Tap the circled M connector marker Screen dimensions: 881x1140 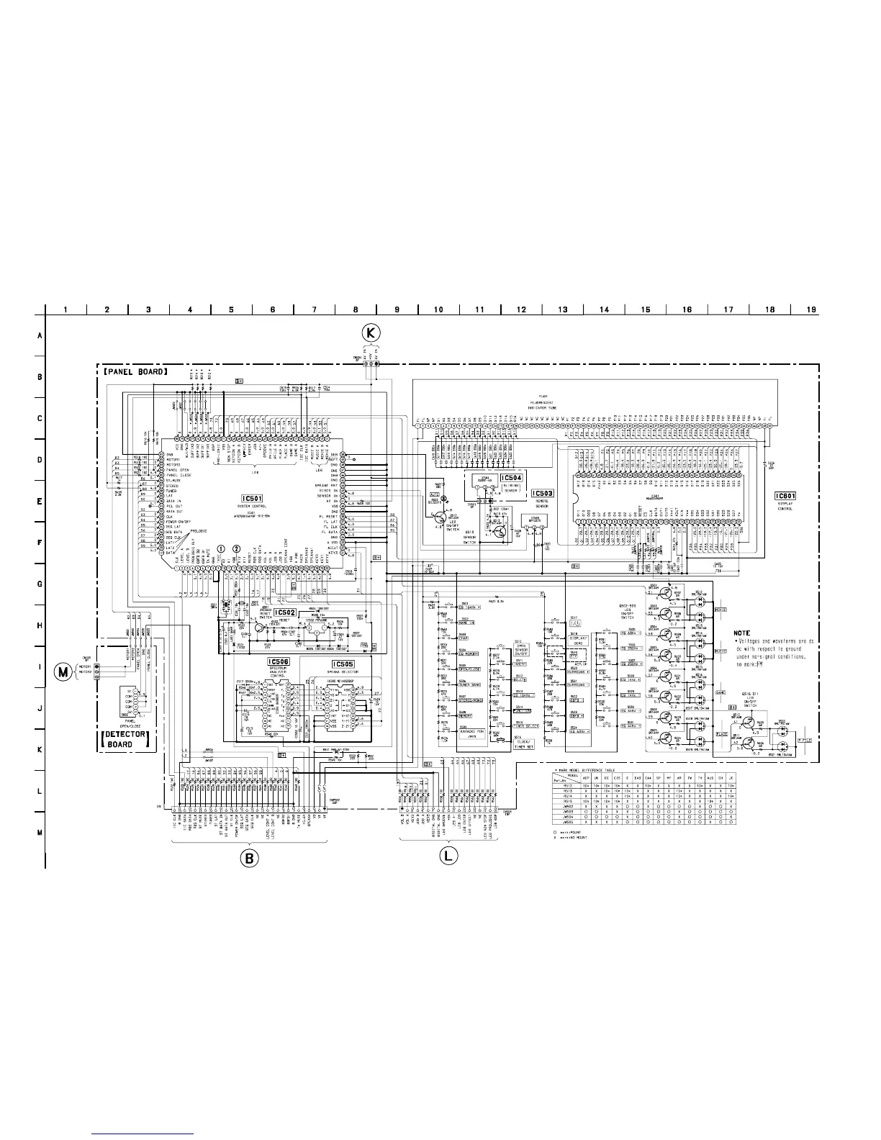pos(63,671)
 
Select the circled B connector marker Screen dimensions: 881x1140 pos(248,858)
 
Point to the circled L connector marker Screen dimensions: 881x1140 pos(447,857)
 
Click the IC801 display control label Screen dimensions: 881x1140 pos(784,496)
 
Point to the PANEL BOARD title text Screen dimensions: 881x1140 pos(134,372)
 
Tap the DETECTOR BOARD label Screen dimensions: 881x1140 pos(127,740)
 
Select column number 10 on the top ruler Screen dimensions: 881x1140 pos(438,310)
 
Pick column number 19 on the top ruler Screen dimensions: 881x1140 pos(811,310)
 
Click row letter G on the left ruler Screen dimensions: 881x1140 pos(39,584)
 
